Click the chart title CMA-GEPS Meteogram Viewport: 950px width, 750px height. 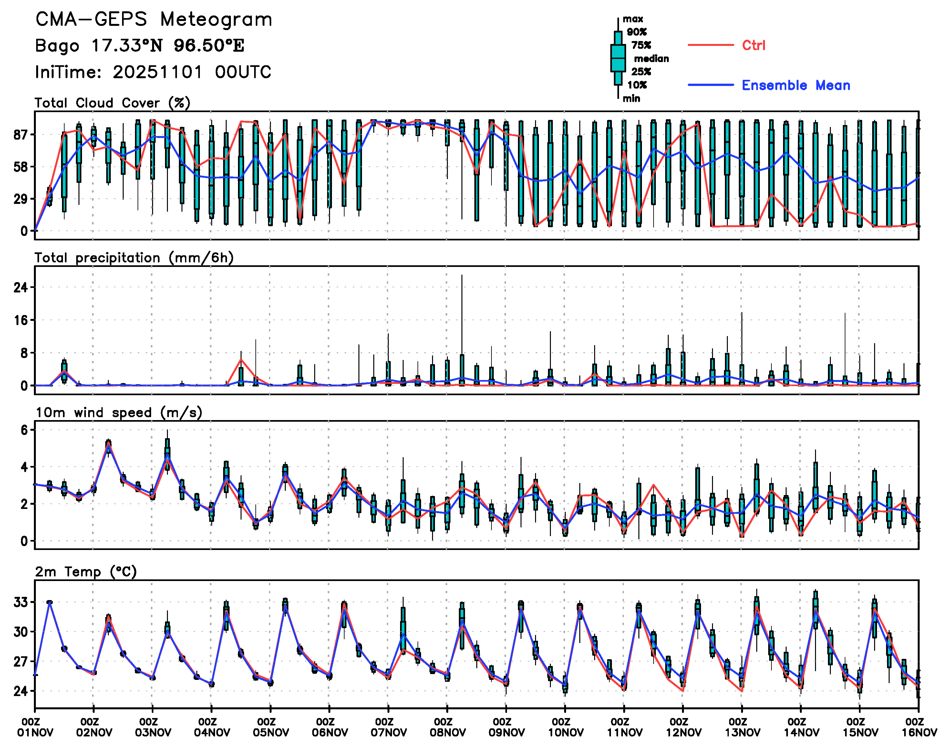click(154, 20)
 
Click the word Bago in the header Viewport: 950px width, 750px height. click(57, 46)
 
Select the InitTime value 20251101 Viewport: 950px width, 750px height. click(158, 72)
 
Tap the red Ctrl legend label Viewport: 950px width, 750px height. click(753, 45)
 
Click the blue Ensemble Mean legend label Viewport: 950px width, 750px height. click(796, 85)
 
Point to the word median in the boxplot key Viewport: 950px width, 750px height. click(651, 59)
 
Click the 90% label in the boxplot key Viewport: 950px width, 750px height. click(636, 32)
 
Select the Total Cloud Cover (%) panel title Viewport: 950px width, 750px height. click(112, 103)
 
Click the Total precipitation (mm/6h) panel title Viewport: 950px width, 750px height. click(134, 258)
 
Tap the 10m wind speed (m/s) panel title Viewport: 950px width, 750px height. click(119, 413)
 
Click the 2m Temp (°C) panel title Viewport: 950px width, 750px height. click(86, 572)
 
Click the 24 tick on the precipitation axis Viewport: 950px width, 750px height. click(21, 288)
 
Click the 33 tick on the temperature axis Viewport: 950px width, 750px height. click(21, 602)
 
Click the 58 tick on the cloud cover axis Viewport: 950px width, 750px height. click(21, 167)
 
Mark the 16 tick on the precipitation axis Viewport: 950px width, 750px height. click(21, 320)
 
